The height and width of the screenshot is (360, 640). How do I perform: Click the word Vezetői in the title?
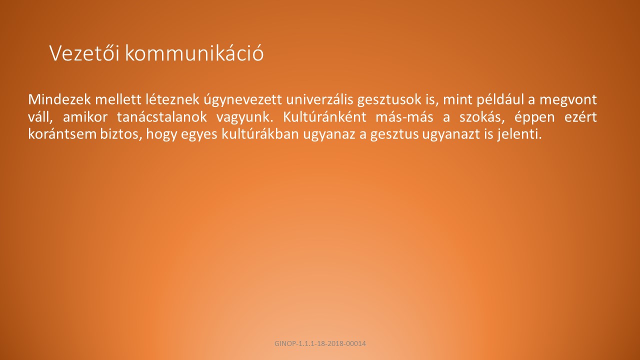coord(84,53)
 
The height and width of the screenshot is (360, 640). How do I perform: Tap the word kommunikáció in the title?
coord(194,53)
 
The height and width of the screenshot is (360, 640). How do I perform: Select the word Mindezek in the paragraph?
coord(59,99)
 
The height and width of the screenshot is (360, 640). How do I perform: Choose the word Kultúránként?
coord(324,117)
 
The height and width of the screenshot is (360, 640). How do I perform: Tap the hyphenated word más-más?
coord(404,117)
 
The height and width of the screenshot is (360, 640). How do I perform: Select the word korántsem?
coord(62,134)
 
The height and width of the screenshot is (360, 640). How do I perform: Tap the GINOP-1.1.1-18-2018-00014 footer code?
coord(320,343)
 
